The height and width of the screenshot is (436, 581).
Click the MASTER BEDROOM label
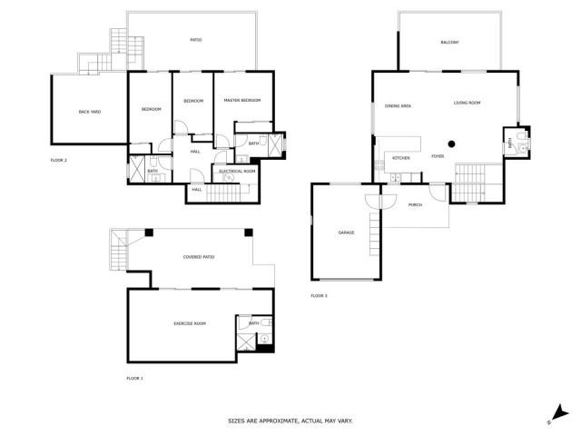[x=243, y=100]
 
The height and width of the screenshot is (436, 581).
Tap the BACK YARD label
[x=89, y=112]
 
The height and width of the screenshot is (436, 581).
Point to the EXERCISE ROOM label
[x=190, y=323]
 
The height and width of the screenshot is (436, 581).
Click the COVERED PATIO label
[x=199, y=257]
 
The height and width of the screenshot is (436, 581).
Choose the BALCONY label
[x=449, y=43]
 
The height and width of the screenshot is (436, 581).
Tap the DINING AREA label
[x=398, y=105]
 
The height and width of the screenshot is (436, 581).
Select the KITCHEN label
[x=400, y=158]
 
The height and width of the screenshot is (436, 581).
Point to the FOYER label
[x=438, y=157]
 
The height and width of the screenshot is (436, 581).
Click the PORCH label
[x=415, y=204]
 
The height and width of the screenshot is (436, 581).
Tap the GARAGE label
[x=346, y=233]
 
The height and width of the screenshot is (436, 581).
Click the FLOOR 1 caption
[x=135, y=377]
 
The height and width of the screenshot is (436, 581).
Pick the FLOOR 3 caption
[x=319, y=295]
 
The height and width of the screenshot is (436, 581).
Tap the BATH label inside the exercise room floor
[x=254, y=322]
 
